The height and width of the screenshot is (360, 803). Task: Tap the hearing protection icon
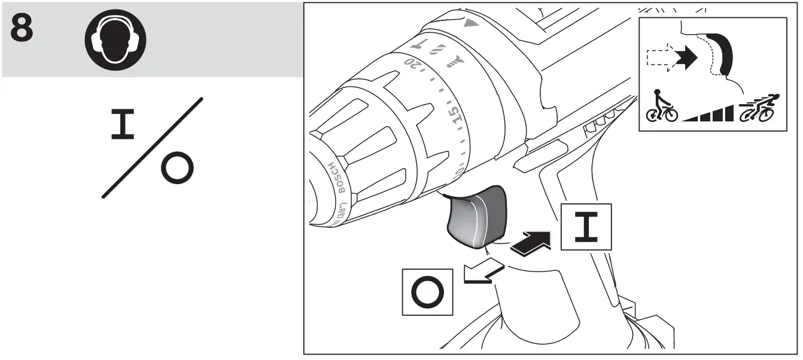115,39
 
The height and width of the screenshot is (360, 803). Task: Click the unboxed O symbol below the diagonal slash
177,170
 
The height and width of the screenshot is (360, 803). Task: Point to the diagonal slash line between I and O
152,147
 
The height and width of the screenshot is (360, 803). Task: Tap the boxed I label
586,227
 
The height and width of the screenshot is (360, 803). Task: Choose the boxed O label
427,291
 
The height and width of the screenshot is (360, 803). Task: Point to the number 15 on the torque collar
455,116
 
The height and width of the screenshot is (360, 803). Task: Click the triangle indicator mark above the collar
472,25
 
